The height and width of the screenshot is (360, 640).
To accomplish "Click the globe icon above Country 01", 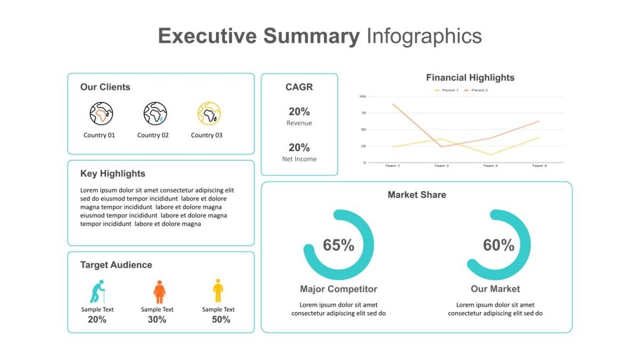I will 101,114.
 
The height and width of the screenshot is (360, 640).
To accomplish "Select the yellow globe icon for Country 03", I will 209,114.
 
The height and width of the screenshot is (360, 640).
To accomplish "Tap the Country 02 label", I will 153,135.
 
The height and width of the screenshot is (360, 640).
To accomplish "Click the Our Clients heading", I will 105,87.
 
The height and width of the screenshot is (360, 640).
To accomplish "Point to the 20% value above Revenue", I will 299,111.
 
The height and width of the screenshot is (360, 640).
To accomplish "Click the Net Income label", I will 299,159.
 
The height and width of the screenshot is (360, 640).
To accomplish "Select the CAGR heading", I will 299,87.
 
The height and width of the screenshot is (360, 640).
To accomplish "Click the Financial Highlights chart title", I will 470,78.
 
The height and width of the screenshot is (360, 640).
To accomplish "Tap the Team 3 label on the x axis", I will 490,166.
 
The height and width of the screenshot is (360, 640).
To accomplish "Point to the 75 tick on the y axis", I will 363,113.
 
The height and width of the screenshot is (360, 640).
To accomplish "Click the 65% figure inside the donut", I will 339,245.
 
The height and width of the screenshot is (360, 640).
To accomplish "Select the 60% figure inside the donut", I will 499,245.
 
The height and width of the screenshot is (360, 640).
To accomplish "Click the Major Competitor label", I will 339,289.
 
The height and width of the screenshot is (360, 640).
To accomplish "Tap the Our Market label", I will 495,289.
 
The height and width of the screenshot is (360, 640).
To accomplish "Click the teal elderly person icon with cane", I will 98,292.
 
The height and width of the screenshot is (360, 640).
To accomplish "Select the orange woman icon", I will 159,292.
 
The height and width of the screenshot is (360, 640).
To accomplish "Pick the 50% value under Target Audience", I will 221,319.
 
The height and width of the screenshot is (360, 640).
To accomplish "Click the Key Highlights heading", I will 113,174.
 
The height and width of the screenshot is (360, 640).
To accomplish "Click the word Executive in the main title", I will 207,36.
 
